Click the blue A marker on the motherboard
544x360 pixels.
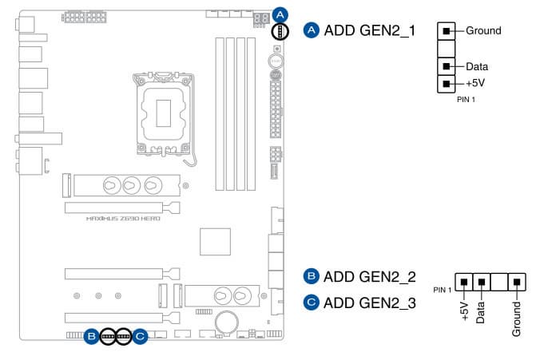pyautogui.click(x=280, y=14)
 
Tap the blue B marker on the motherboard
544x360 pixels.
pyautogui.click(x=93, y=336)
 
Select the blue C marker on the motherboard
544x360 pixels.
pyautogui.click(x=140, y=336)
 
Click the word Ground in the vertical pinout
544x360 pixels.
pyautogui.click(x=483, y=31)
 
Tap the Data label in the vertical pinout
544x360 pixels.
pyautogui.click(x=477, y=67)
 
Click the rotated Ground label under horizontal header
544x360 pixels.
pyautogui.click(x=517, y=317)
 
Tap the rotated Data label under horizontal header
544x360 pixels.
pyautogui.click(x=481, y=311)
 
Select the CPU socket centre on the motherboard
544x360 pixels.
pyautogui.click(x=166, y=110)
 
